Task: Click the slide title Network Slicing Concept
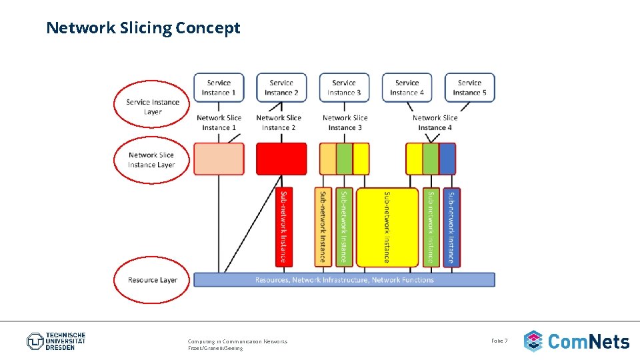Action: coord(143,28)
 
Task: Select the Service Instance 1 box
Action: coord(219,87)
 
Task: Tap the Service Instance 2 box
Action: coord(281,87)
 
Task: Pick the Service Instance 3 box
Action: coord(344,87)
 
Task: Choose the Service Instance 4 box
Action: coord(407,87)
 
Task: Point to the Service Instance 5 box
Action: coord(469,87)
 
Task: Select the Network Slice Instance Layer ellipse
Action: coord(151,160)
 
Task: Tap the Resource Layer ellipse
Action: coord(153,280)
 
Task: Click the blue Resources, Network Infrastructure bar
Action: coord(344,280)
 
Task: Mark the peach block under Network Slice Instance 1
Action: coord(219,159)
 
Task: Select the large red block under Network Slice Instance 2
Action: coord(281,159)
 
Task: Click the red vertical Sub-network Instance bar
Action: coord(284,227)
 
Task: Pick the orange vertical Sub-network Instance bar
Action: coord(323,227)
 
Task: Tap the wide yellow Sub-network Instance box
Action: coord(387,227)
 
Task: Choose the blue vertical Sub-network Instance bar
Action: coord(451,227)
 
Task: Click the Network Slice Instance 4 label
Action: coord(435,123)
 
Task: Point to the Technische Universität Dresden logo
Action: coord(56,341)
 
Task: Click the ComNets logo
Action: coord(576,341)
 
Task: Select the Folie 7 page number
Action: coord(499,341)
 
